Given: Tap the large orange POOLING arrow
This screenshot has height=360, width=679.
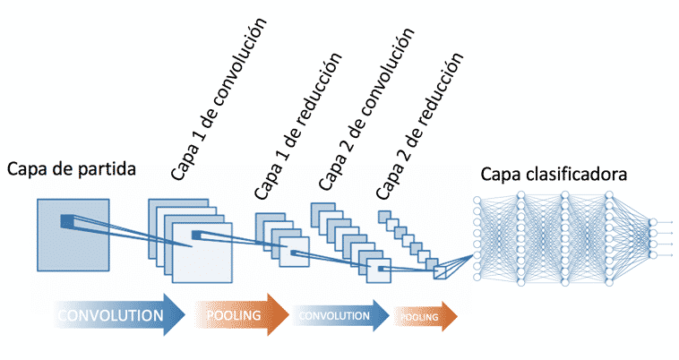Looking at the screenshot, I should [237, 315].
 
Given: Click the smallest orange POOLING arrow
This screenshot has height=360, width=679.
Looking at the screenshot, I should [423, 315].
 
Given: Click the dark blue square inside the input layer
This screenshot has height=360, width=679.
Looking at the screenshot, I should [67, 221].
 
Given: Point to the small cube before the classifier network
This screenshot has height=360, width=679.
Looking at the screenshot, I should [441, 270].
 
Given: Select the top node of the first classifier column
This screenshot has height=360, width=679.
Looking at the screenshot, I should [477, 199].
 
